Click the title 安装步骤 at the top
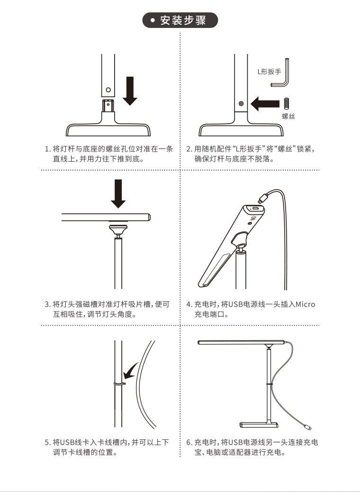pyautogui.click(x=183, y=20)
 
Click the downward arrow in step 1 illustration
pyautogui.click(x=130, y=91)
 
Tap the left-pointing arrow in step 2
pyautogui.click(x=265, y=103)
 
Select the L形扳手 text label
pyautogui.click(x=270, y=72)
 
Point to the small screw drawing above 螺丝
pyautogui.click(x=286, y=104)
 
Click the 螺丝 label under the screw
pyautogui.click(x=288, y=117)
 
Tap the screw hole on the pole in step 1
pyautogui.click(x=108, y=90)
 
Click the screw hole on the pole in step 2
pyautogui.click(x=241, y=103)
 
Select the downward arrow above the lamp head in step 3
pyautogui.click(x=118, y=193)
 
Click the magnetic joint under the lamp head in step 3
pyautogui.click(x=118, y=229)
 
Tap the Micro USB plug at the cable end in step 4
pyautogui.click(x=262, y=198)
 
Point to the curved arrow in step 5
pyautogui.click(x=130, y=371)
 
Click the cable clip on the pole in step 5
pyautogui.click(x=119, y=383)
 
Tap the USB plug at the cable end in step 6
pyautogui.click(x=307, y=427)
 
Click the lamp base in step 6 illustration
pyautogui.click(x=259, y=425)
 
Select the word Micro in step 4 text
pyautogui.click(x=306, y=304)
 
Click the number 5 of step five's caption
pyautogui.click(x=47, y=443)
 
